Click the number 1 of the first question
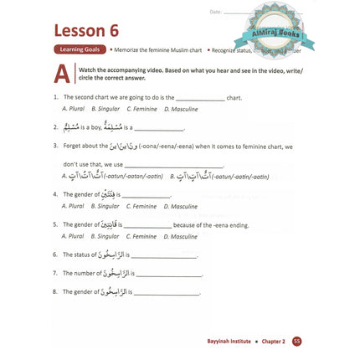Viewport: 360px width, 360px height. coord(54,98)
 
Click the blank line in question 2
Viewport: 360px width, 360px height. coord(159,128)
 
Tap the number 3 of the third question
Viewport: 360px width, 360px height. coord(54,147)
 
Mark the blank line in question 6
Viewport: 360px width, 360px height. coord(164,255)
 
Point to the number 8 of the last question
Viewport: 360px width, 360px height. coord(54,292)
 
